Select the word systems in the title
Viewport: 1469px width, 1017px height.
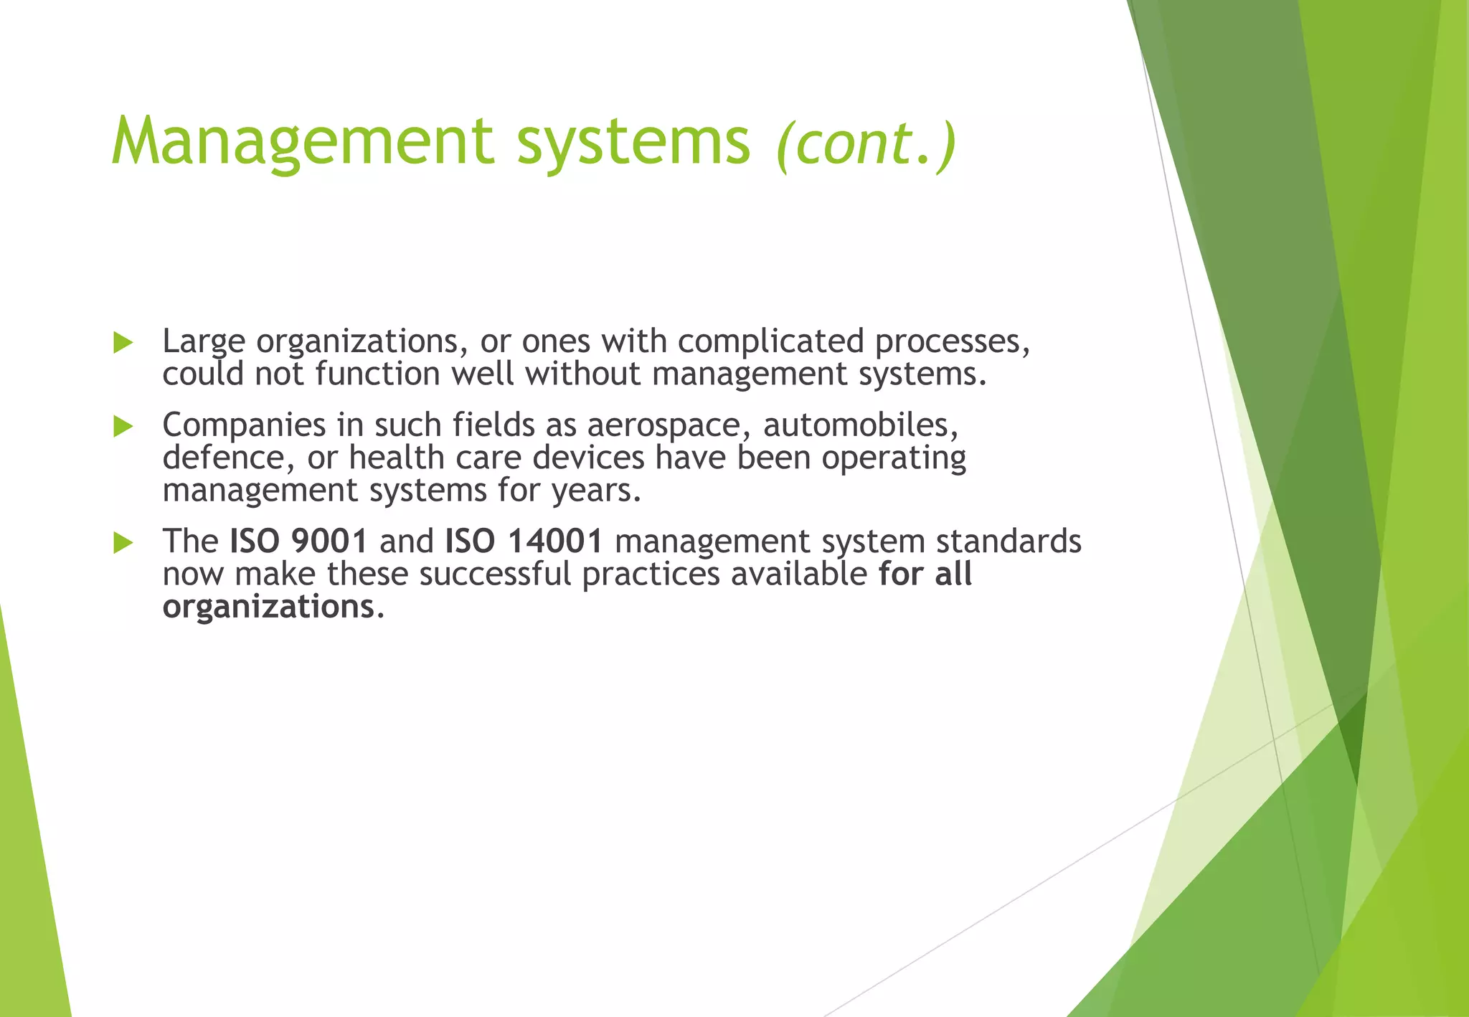[633, 141]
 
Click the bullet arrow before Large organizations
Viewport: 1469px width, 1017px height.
[123, 343]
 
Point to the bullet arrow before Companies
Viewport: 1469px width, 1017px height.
[123, 427]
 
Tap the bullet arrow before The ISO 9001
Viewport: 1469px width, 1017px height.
[123, 543]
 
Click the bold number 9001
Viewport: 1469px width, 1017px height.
[329, 541]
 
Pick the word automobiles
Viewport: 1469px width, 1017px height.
[860, 425]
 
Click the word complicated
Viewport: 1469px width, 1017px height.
[770, 341]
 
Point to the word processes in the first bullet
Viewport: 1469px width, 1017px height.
[951, 342]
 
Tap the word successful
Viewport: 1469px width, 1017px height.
[495, 574]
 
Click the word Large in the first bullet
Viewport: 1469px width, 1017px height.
[204, 342]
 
